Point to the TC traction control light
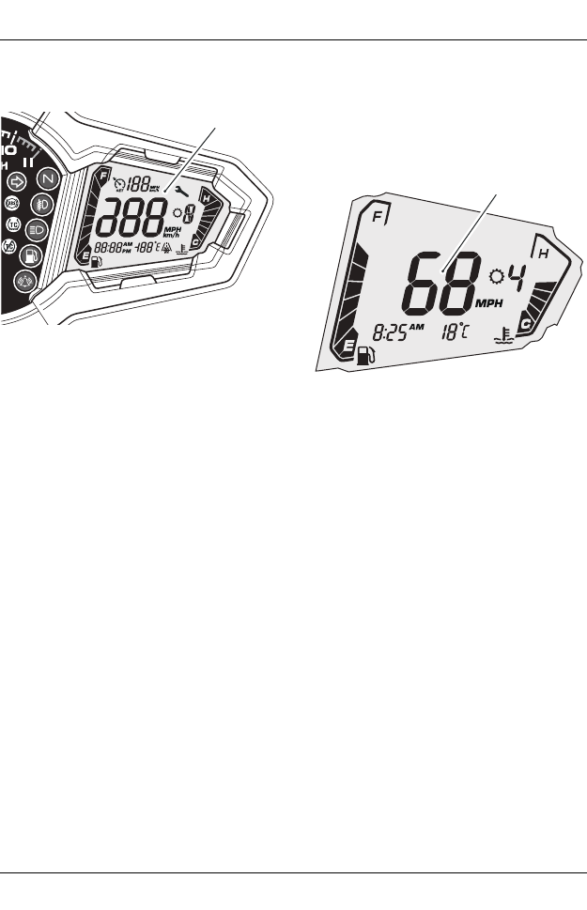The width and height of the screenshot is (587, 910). [x=13, y=225]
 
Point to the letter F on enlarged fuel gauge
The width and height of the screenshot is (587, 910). [x=378, y=217]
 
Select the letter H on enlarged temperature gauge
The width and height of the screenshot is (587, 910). [x=543, y=252]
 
